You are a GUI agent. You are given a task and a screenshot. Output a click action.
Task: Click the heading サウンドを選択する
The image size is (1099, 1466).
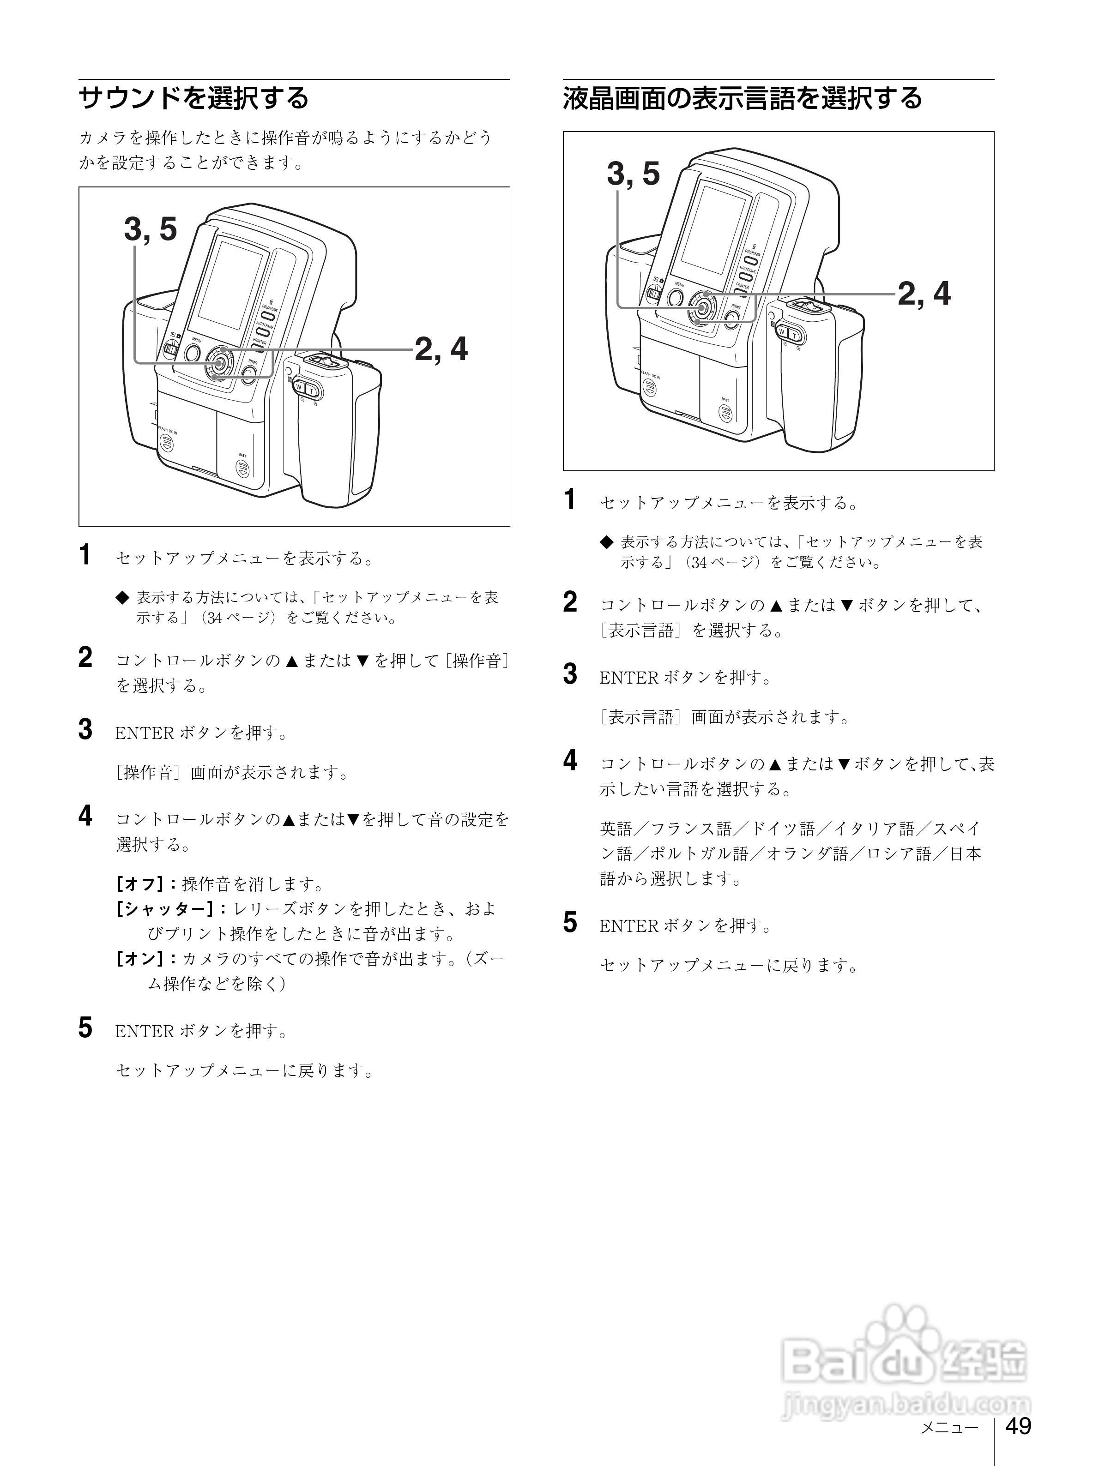pyautogui.click(x=193, y=98)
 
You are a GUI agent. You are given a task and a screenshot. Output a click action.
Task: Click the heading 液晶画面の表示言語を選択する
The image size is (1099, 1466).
pyautogui.click(x=743, y=98)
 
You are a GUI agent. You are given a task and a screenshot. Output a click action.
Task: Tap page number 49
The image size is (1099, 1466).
pyautogui.click(x=1018, y=1425)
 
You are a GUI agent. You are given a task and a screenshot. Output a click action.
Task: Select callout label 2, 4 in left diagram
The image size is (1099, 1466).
pyautogui.click(x=441, y=349)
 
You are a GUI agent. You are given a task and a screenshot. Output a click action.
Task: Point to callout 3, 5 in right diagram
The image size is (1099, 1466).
pyautogui.click(x=633, y=174)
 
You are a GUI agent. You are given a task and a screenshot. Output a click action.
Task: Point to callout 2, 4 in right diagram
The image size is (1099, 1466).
pyautogui.click(x=924, y=294)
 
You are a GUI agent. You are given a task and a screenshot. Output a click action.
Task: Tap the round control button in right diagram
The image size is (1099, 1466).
pyautogui.click(x=702, y=307)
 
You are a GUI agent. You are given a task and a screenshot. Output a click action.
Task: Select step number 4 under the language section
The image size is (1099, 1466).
pyautogui.click(x=569, y=760)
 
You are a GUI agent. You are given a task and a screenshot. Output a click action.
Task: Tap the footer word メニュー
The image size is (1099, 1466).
pyautogui.click(x=949, y=1427)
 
